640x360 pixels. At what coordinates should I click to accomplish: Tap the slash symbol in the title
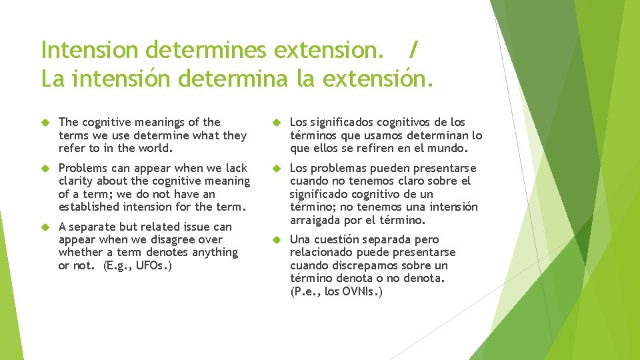point(414,49)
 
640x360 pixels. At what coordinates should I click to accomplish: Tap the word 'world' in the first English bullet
point(155,148)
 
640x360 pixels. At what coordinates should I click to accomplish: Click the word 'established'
point(89,207)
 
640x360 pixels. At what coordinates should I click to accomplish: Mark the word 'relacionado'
point(321,253)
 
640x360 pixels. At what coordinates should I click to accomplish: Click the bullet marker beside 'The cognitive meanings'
point(46,122)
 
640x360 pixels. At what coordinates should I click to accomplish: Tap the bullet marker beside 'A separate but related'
point(46,227)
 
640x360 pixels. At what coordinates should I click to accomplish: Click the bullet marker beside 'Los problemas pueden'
point(277,168)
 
